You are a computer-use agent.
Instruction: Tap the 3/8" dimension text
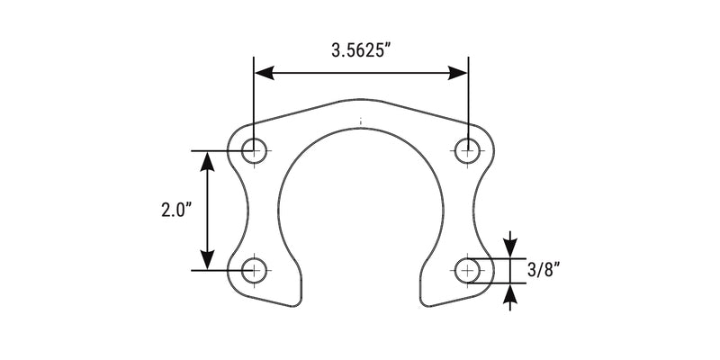point(545,269)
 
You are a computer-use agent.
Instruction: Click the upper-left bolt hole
point(255,150)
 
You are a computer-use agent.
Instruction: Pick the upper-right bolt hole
point(467,150)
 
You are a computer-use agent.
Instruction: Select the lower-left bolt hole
point(255,269)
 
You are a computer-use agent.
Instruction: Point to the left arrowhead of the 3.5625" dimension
point(264,73)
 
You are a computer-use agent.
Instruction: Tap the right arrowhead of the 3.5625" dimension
point(458,73)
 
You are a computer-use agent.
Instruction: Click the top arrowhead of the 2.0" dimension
point(208,161)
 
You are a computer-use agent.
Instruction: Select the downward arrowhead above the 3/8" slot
point(510,248)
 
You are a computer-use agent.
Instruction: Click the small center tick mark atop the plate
point(360,119)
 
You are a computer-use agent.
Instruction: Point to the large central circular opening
point(360,207)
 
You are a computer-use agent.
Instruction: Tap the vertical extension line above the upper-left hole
point(255,99)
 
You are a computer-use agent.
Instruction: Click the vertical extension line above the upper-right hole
point(467,99)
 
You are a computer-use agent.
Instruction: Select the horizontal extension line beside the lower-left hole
point(216,269)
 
